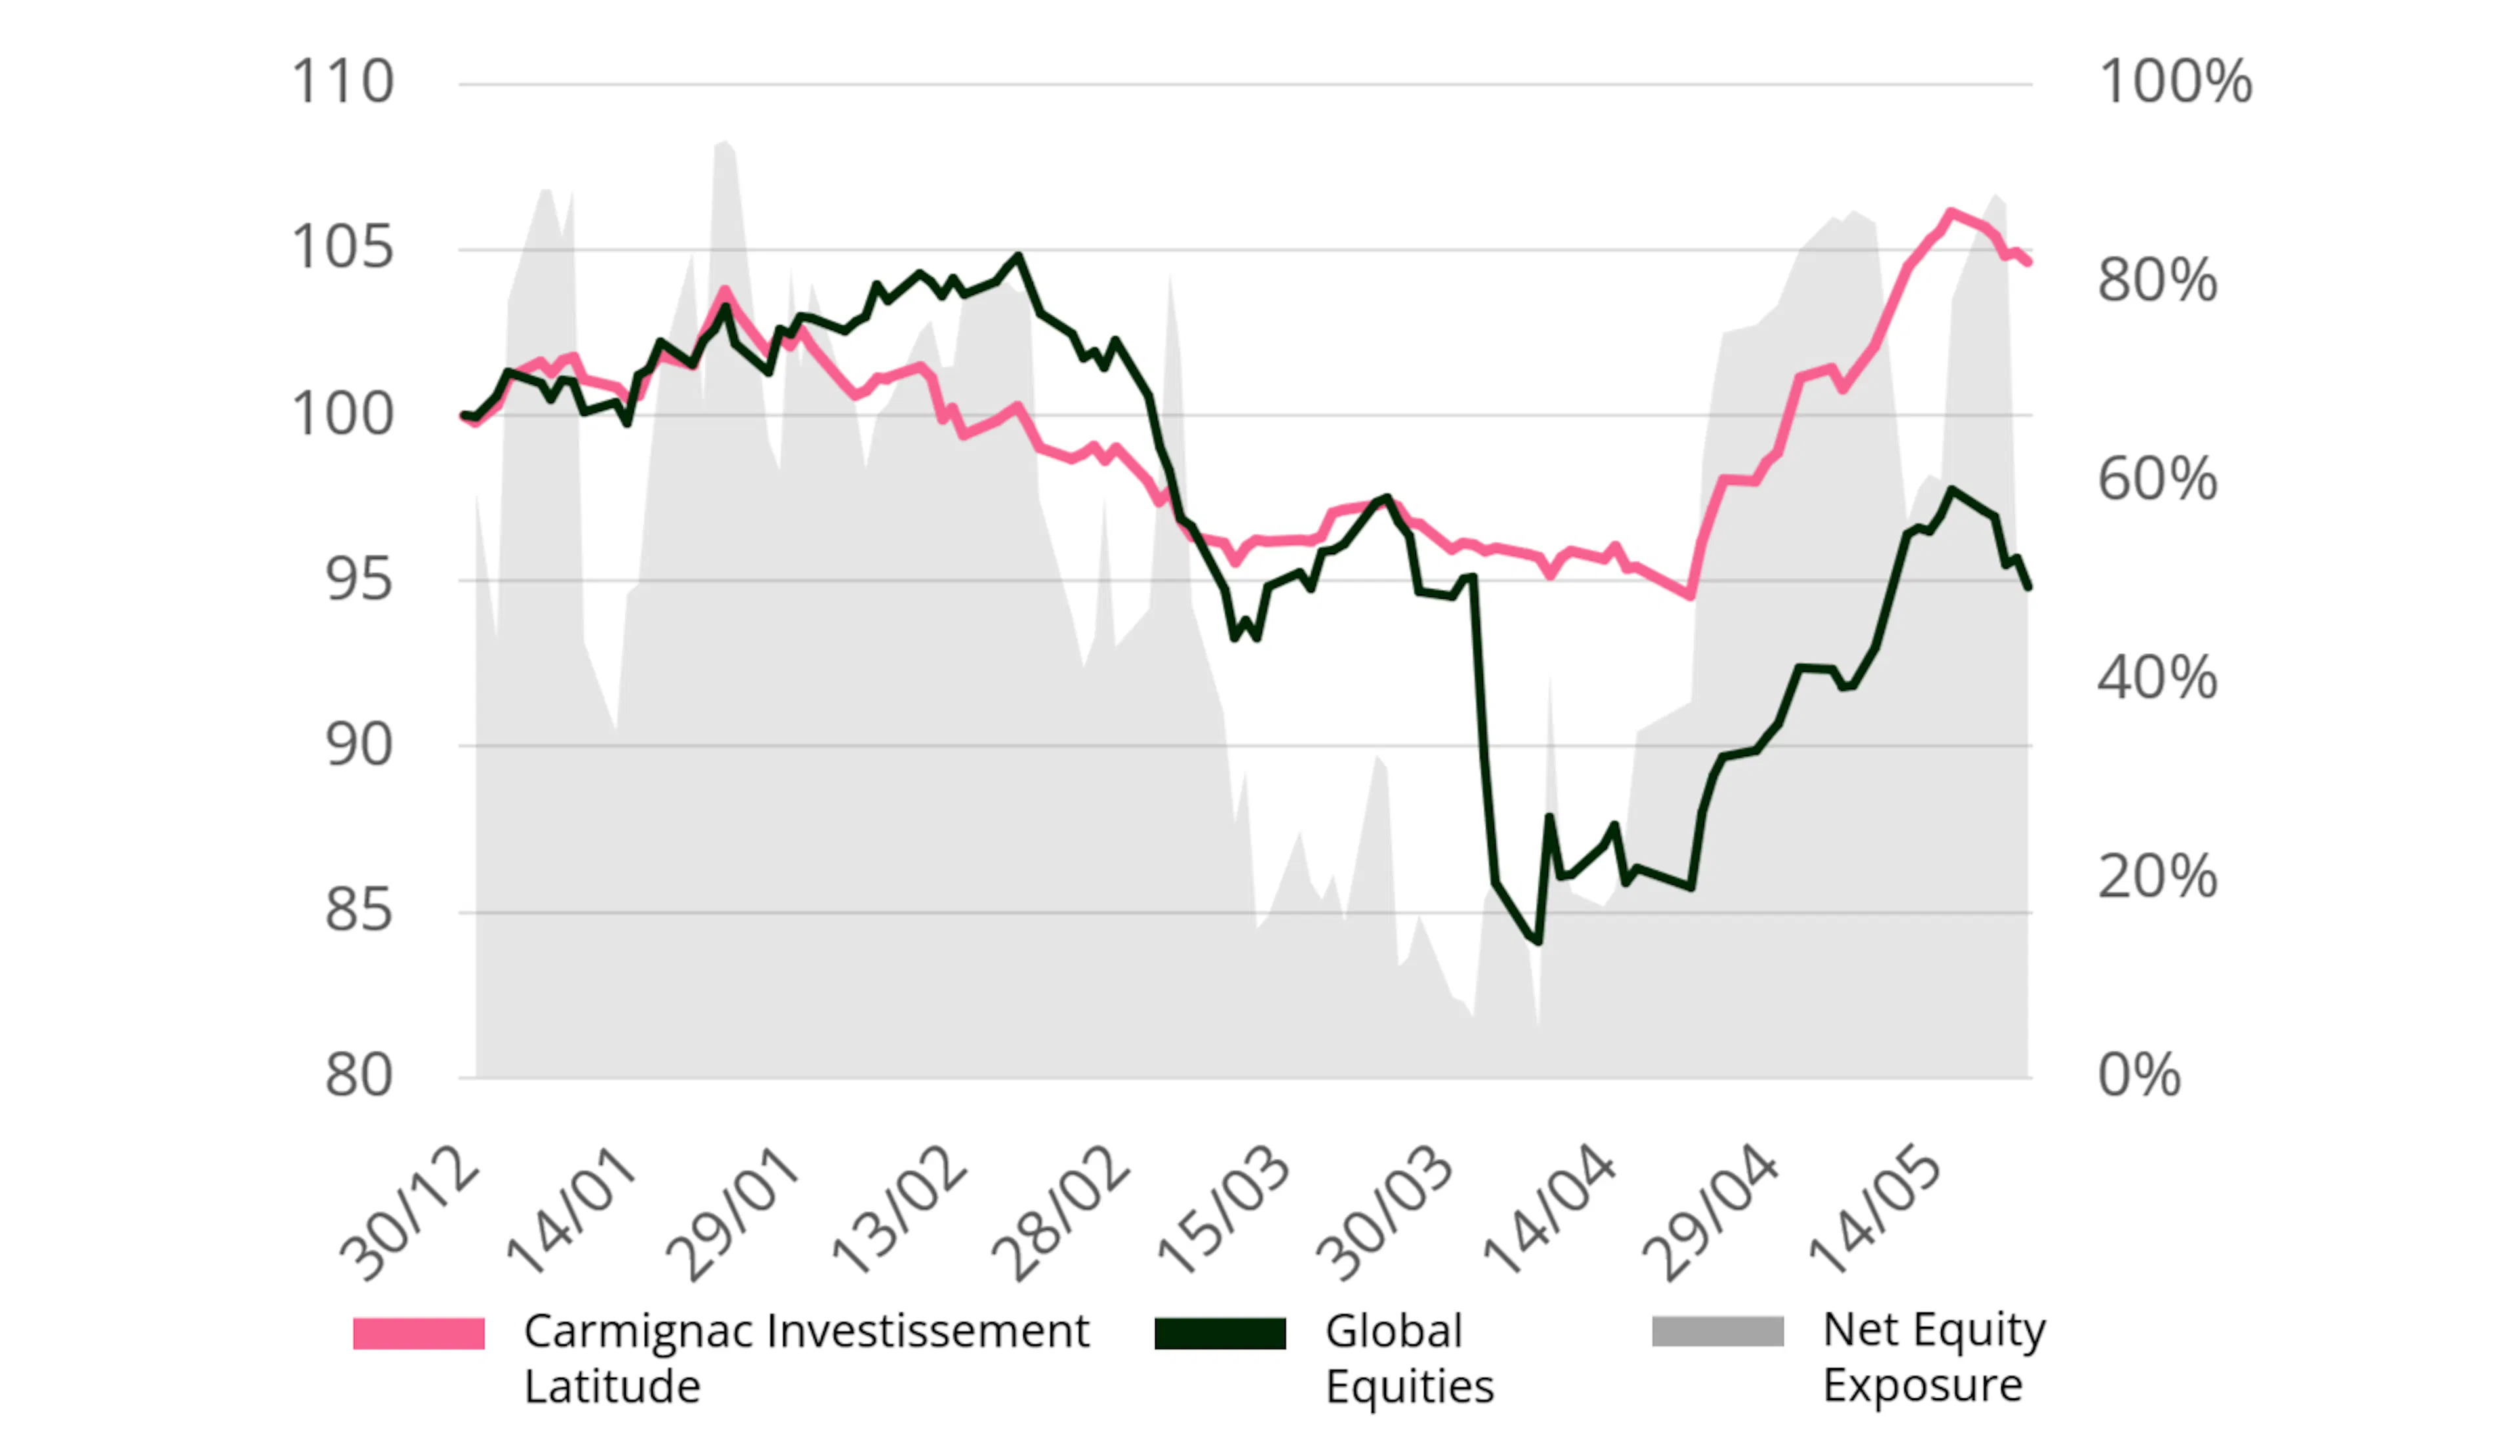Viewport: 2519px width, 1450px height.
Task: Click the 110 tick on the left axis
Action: pyautogui.click(x=342, y=82)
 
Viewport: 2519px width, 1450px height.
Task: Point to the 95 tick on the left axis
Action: pyautogui.click(x=359, y=580)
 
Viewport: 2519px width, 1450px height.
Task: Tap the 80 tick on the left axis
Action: pyautogui.click(x=359, y=1076)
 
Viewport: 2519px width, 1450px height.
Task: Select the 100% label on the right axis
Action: pyautogui.click(x=2175, y=82)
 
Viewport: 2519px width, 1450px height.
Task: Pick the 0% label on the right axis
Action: pyautogui.click(x=2139, y=1076)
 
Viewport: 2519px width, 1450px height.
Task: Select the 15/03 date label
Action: pyautogui.click(x=1224, y=1213)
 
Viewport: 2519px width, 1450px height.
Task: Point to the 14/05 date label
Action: pyautogui.click(x=1875, y=1213)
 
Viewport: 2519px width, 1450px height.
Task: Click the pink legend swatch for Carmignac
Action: pyautogui.click(x=419, y=1333)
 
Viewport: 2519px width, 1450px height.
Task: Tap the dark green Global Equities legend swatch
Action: pyautogui.click(x=1219, y=1333)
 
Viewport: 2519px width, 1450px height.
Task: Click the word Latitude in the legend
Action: pyautogui.click(x=611, y=1386)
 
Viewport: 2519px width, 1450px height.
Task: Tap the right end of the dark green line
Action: pyautogui.click(x=2028, y=588)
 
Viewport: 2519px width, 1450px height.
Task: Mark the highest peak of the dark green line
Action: pyautogui.click(x=1018, y=257)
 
